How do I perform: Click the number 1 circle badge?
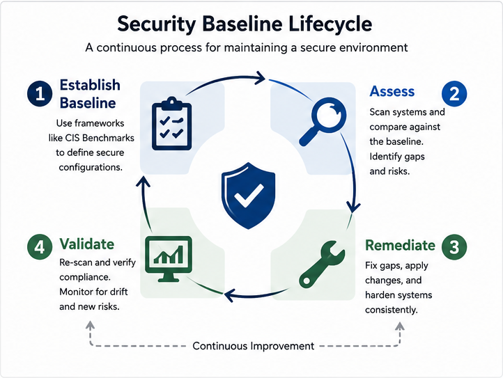[40, 93]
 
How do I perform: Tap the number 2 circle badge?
[454, 93]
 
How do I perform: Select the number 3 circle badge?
[454, 247]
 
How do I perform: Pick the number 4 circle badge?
[40, 247]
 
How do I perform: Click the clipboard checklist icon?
[171, 123]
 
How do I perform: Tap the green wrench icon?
[322, 265]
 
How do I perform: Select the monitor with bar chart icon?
[169, 259]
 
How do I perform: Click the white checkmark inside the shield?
[249, 195]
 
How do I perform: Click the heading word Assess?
[392, 91]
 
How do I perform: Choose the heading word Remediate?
[400, 245]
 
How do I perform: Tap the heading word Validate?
[86, 244]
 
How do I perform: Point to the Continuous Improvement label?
[254, 346]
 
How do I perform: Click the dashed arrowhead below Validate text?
[91, 325]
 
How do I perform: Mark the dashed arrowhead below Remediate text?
[400, 326]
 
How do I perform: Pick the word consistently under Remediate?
[392, 310]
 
